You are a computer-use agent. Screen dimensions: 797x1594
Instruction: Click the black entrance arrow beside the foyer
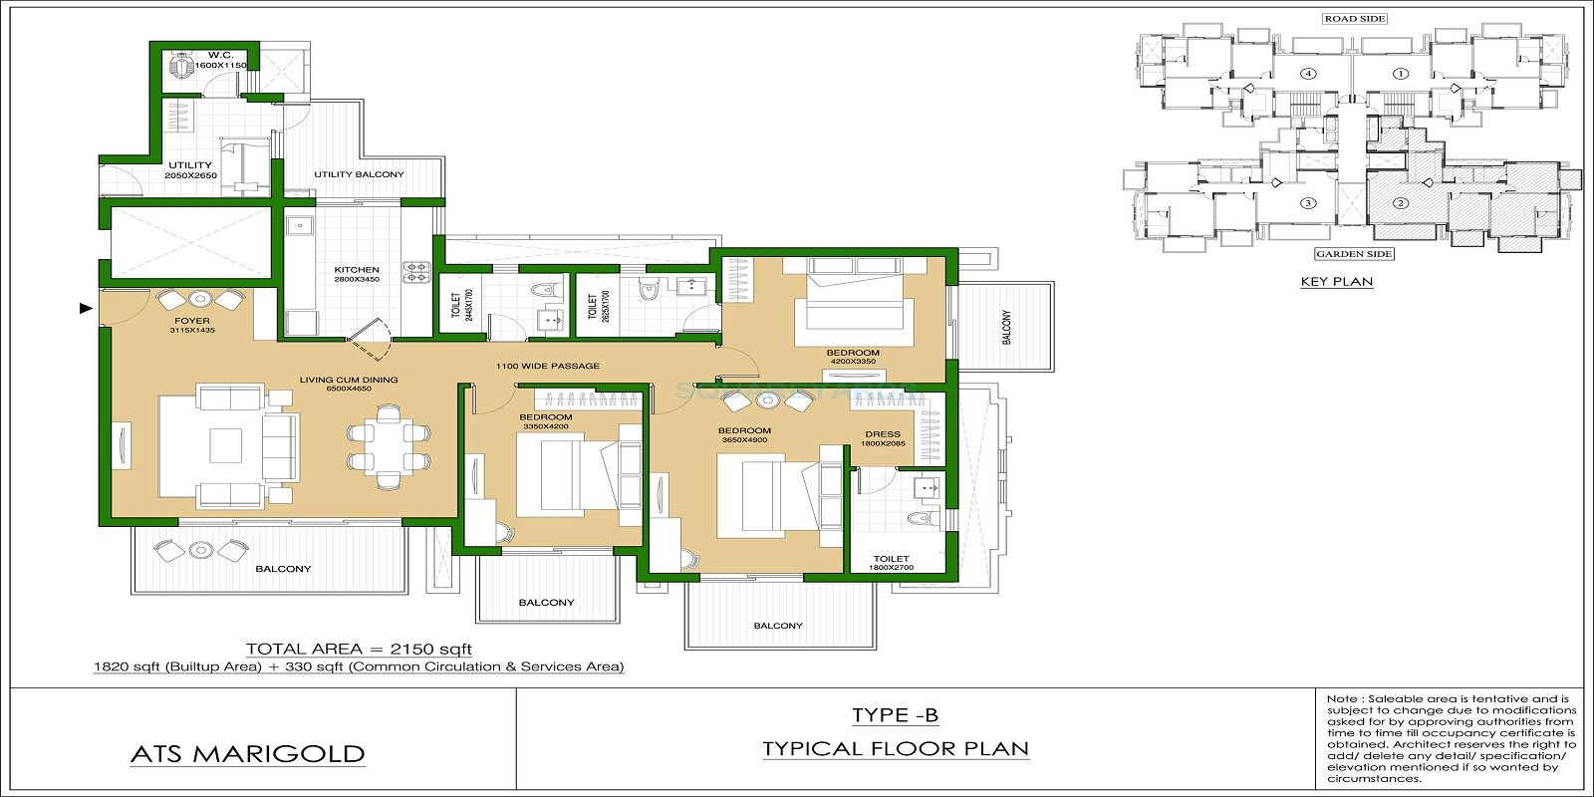tap(86, 309)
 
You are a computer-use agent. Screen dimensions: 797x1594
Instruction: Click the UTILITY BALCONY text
tap(359, 174)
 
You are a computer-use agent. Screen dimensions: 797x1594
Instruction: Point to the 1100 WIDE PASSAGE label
tap(548, 366)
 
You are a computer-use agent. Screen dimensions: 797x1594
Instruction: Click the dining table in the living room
tap(389, 446)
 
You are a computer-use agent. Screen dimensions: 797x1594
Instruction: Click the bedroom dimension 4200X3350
tap(852, 363)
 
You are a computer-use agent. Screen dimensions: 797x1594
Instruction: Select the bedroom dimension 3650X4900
tap(744, 439)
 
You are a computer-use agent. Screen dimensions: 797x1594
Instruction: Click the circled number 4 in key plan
tap(1307, 73)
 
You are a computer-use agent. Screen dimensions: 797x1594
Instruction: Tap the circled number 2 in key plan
tap(1400, 204)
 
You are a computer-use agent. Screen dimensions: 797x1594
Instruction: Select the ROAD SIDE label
tap(1354, 19)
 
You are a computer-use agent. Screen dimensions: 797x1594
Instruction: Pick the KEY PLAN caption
tap(1336, 282)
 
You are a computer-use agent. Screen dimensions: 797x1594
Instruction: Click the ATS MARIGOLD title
tap(247, 754)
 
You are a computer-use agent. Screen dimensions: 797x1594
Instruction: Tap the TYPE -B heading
tap(895, 715)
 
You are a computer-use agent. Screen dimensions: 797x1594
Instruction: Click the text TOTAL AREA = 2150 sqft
tap(359, 649)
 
